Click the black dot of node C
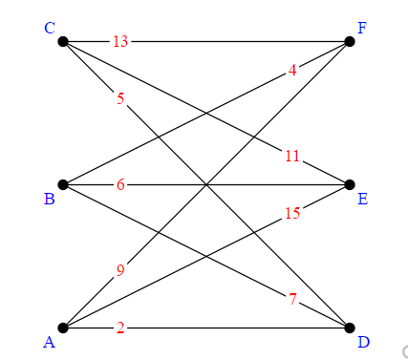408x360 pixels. (x=63, y=41)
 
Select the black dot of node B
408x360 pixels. (x=63, y=184)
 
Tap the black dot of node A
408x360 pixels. (x=63, y=328)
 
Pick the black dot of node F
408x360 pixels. (x=350, y=41)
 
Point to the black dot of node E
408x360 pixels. (x=350, y=184)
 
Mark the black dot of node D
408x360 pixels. (x=350, y=328)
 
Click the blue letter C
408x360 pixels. (x=50, y=28)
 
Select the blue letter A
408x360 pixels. (x=50, y=342)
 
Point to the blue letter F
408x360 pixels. (x=362, y=28)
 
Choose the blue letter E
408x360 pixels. (x=362, y=199)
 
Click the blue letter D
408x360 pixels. (x=362, y=342)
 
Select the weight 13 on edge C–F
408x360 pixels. (x=120, y=41)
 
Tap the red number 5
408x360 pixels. (x=120, y=98)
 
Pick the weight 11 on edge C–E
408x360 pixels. (x=292, y=156)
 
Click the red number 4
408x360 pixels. (x=292, y=70)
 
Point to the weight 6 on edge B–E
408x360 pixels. (x=120, y=184)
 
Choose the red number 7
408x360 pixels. (x=292, y=299)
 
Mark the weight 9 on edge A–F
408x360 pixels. (x=120, y=270)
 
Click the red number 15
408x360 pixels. (x=292, y=213)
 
